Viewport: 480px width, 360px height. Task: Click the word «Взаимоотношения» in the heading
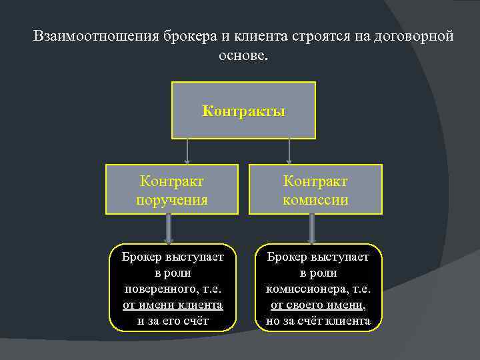coord(94,36)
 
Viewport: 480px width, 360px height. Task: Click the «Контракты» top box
coord(243,111)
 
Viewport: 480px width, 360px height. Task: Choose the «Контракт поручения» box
coord(171,189)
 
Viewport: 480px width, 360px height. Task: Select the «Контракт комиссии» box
coord(315,189)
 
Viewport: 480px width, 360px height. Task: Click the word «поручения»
coord(171,199)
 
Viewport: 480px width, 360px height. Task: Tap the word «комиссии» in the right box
coord(315,199)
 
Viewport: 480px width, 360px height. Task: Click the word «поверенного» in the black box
coord(157,289)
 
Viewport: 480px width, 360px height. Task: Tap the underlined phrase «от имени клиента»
coord(173,305)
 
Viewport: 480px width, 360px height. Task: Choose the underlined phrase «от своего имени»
coord(316,305)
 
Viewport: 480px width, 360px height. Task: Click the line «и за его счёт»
coord(173,321)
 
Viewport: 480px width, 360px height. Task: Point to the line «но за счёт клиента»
coord(318,321)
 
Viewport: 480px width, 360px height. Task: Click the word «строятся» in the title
coord(317,36)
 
